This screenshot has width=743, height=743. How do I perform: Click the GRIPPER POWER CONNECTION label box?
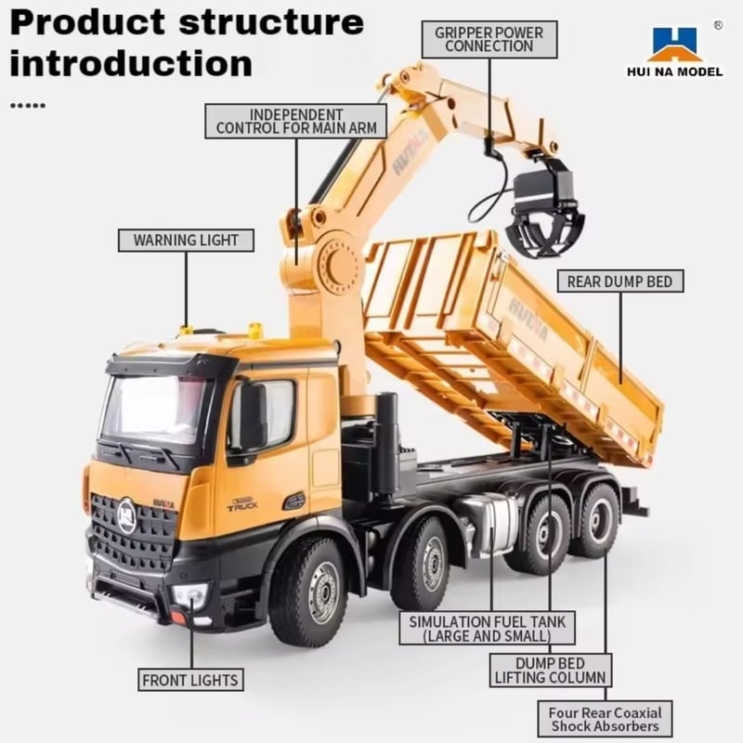(x=489, y=40)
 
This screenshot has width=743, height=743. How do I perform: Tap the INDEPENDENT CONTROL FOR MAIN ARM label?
(x=296, y=122)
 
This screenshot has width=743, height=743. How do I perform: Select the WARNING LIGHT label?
(x=186, y=241)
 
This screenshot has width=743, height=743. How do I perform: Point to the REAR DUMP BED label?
(x=620, y=281)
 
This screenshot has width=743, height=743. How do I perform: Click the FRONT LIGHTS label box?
(x=190, y=680)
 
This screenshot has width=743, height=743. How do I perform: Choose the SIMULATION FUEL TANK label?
(x=487, y=629)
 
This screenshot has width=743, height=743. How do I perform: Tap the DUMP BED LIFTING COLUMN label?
(x=550, y=671)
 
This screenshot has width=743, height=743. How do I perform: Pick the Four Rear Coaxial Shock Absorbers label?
(x=606, y=719)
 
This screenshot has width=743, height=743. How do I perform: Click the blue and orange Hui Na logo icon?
(x=675, y=45)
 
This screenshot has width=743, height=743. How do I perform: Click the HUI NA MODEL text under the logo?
(x=675, y=72)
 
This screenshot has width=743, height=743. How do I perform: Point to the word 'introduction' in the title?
(x=131, y=64)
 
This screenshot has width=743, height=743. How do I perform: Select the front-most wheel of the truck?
(x=308, y=593)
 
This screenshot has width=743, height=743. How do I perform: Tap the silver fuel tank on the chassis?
(x=492, y=525)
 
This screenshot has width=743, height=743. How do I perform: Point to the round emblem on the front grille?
(x=127, y=516)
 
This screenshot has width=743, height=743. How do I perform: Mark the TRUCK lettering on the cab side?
(x=242, y=505)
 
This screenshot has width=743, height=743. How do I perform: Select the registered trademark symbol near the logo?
(x=718, y=25)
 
